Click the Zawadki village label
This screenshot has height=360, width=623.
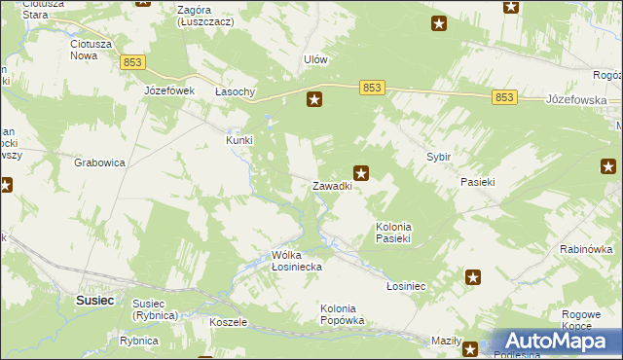pos(331,186)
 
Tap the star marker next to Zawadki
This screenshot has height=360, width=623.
pos(361,174)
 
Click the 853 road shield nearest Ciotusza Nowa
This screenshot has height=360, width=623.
pos(133,62)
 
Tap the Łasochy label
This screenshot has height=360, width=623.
pos(235,91)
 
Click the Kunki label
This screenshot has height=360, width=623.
pos(239,140)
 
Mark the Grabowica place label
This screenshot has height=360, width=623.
pos(99,163)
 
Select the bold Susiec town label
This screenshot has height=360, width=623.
pos(95,301)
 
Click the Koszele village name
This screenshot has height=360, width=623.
pos(229,321)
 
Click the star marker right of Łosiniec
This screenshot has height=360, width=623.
pos(474,278)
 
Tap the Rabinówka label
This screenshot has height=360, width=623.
pos(584,250)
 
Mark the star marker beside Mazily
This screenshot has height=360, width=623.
pos(470,349)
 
